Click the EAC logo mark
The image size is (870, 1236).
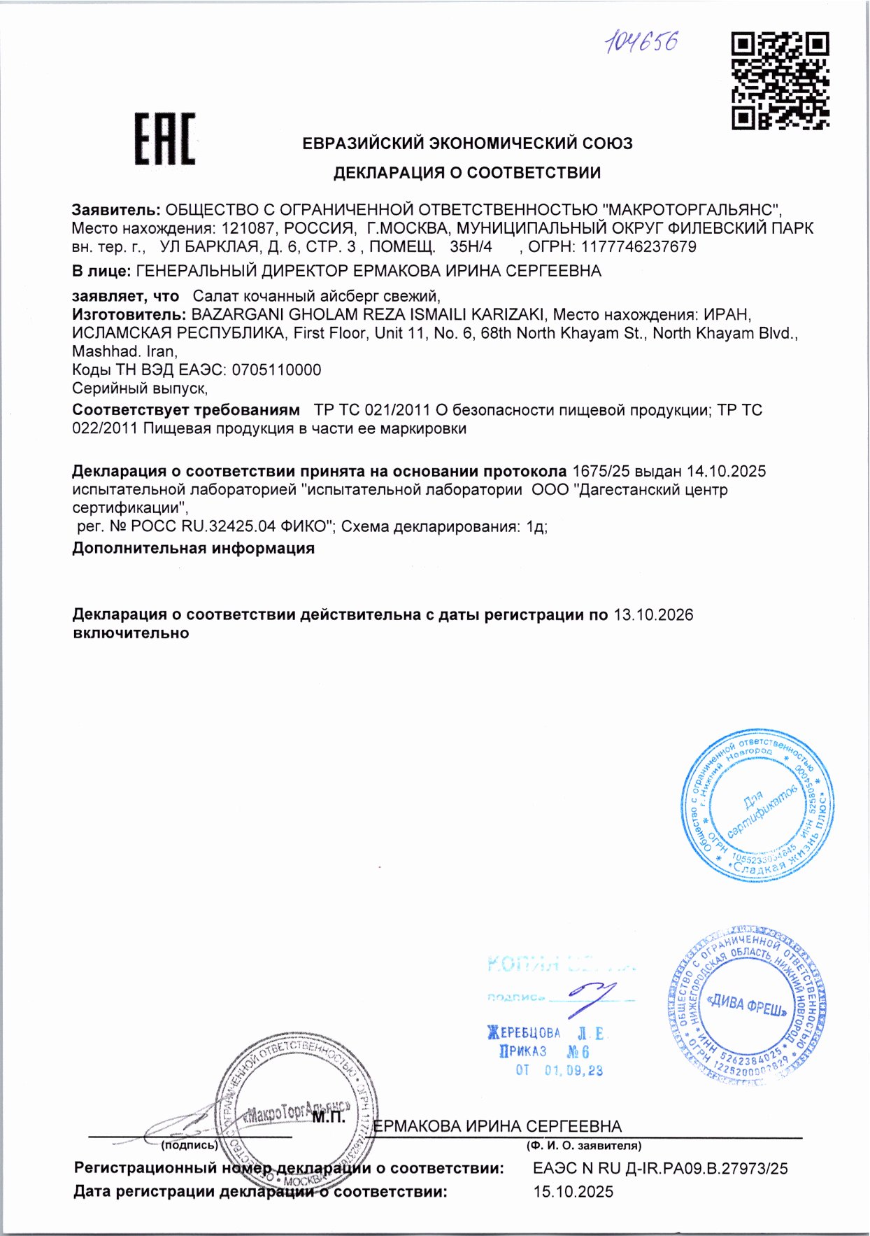[165, 139]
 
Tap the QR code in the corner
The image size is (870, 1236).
[780, 80]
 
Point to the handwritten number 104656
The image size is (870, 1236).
[642, 42]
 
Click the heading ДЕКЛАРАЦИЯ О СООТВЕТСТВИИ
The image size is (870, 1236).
[466, 172]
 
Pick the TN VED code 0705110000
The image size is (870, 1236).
[276, 370]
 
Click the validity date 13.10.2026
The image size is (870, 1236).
[653, 615]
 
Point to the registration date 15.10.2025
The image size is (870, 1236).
[573, 1191]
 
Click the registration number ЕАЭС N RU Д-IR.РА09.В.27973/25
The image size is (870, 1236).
[659, 1167]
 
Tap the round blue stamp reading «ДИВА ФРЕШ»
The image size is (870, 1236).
[747, 1006]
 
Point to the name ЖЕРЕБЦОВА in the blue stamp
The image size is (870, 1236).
[525, 1032]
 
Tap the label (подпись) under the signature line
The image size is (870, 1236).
[190, 1146]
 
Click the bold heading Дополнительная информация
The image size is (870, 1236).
[193, 548]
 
